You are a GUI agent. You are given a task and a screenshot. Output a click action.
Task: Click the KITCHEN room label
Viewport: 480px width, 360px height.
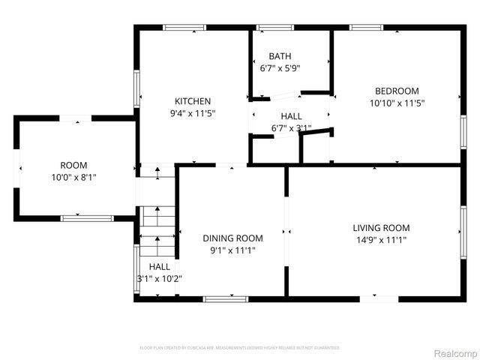pyautogui.click(x=193, y=101)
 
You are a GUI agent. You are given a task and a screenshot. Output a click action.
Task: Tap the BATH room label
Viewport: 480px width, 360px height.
pyautogui.click(x=280, y=55)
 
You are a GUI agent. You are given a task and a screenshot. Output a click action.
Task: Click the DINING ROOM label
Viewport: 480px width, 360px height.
pyautogui.click(x=233, y=238)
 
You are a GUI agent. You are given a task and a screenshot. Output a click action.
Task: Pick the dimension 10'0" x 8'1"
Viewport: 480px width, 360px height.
pyautogui.click(x=73, y=177)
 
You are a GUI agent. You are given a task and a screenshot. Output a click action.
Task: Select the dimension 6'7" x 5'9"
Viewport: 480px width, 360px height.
pyautogui.click(x=280, y=67)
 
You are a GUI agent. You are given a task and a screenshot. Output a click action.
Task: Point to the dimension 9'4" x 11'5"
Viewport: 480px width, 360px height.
pyautogui.click(x=193, y=114)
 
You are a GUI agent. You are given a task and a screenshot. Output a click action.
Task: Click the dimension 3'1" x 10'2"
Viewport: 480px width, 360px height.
pyautogui.click(x=159, y=278)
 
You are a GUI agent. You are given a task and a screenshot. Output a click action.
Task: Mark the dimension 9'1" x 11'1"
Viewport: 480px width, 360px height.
pyautogui.click(x=233, y=250)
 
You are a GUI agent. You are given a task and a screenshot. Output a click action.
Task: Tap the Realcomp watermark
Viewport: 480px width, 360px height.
pyautogui.click(x=454, y=352)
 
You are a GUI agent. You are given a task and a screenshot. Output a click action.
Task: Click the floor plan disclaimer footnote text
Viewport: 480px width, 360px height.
pyautogui.click(x=240, y=348)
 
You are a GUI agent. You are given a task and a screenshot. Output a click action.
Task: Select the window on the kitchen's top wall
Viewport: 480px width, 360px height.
pyautogui.click(x=184, y=28)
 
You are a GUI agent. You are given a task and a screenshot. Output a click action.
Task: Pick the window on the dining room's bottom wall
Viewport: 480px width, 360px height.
pyautogui.click(x=226, y=298)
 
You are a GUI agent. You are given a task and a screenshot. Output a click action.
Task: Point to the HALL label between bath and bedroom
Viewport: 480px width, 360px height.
pyautogui.click(x=291, y=116)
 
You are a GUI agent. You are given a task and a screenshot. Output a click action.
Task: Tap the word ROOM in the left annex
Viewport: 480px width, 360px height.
pyautogui.click(x=73, y=165)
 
